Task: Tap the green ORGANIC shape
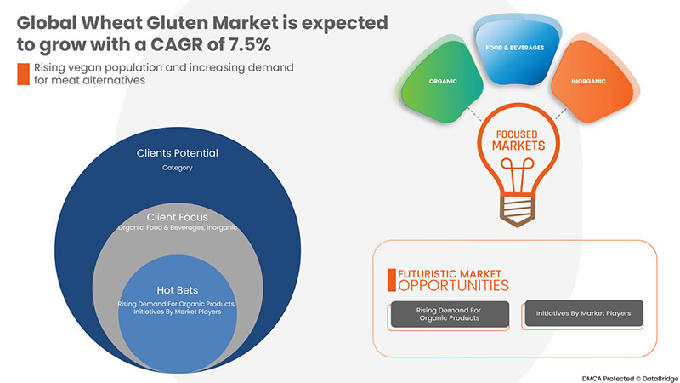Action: click(x=442, y=81)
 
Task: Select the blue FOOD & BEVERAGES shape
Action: click(x=515, y=50)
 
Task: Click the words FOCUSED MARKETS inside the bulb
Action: click(x=518, y=140)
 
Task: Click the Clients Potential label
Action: click(x=178, y=153)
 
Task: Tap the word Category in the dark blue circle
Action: click(x=178, y=168)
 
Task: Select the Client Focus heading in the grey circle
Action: click(x=178, y=217)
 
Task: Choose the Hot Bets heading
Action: click(x=178, y=290)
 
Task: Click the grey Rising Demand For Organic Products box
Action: click(x=450, y=314)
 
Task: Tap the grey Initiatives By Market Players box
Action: click(x=584, y=313)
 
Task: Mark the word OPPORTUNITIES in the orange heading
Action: click(x=454, y=285)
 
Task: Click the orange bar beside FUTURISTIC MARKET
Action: click(x=392, y=280)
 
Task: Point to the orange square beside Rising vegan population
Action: click(x=24, y=74)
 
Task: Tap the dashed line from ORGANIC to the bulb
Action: click(x=474, y=114)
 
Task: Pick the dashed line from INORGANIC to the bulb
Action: click(x=560, y=114)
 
